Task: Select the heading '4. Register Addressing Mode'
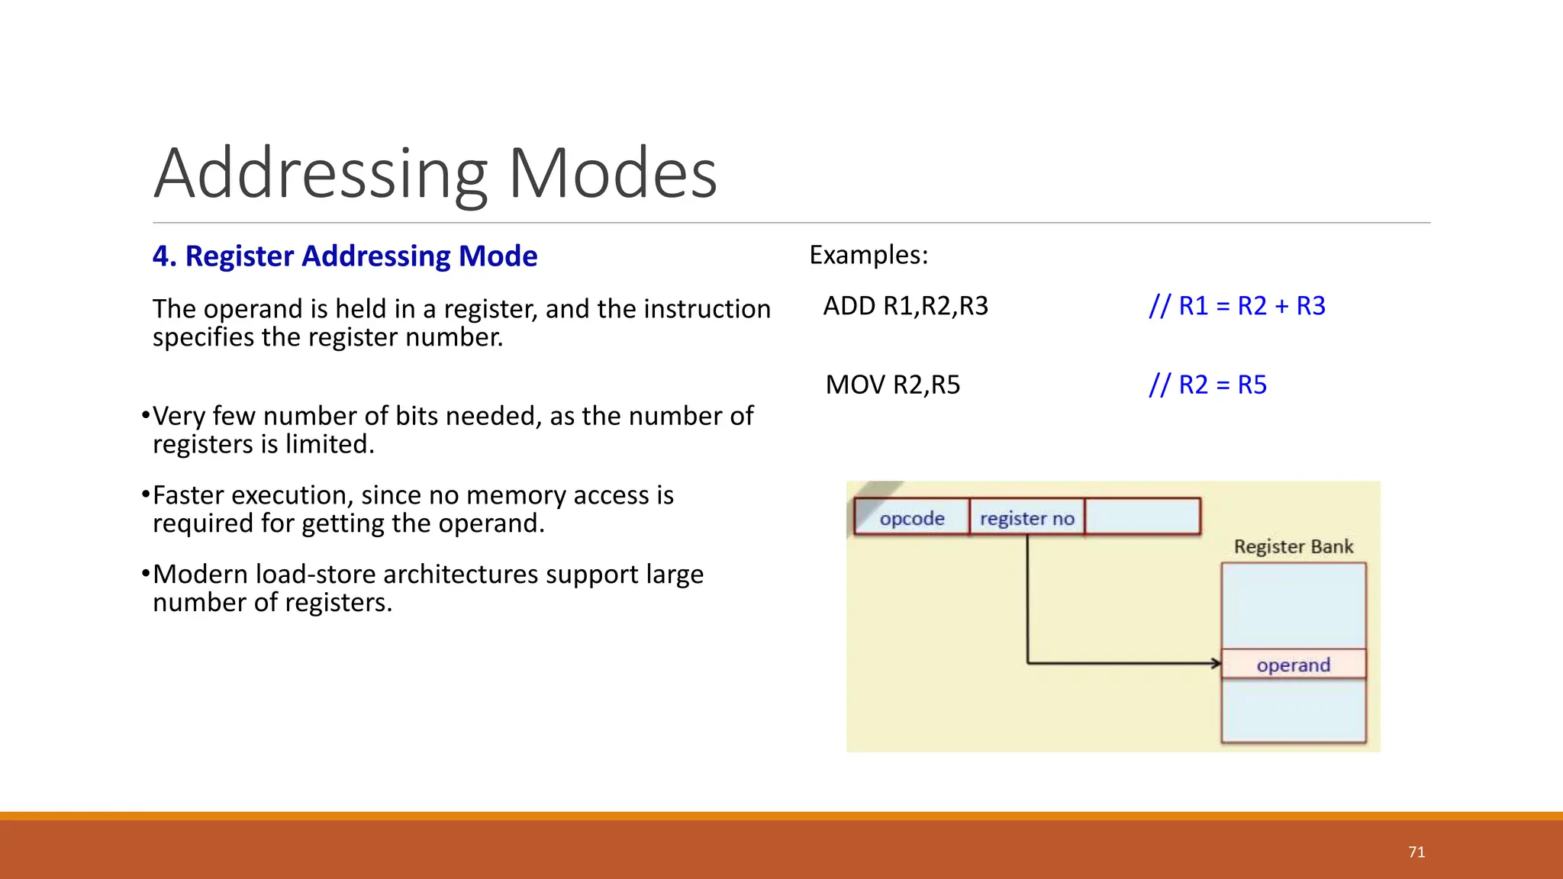[345, 256]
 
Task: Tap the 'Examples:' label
[869, 255]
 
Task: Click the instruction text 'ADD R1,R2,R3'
[905, 306]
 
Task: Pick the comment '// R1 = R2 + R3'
[1237, 306]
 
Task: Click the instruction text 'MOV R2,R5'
[892, 385]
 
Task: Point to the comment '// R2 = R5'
[1207, 385]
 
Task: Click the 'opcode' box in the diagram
[911, 518]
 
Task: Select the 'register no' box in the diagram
[1026, 518]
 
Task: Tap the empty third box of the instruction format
[1142, 517]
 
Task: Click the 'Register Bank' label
[1293, 546]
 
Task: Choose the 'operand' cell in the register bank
[1293, 665]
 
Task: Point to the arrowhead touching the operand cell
[1216, 663]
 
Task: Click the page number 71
[1416, 852]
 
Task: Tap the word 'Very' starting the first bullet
[179, 416]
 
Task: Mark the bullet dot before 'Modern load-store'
[145, 573]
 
